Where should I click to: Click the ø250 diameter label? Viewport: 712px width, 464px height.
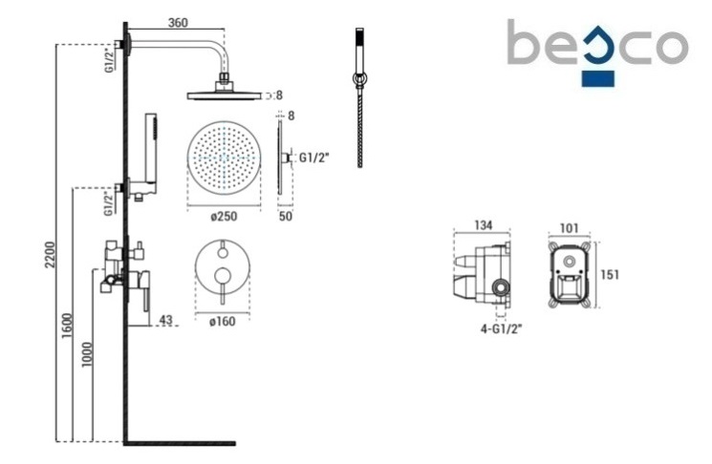[225, 216]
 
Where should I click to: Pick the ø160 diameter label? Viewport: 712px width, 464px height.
[223, 321]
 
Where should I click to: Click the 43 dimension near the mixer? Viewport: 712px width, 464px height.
[165, 320]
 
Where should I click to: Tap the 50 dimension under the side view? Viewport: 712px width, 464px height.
[286, 218]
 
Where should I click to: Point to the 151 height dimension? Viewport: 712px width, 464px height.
[610, 275]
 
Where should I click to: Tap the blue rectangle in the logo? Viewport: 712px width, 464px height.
[599, 77]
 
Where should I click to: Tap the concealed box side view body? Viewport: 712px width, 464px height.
[485, 275]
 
